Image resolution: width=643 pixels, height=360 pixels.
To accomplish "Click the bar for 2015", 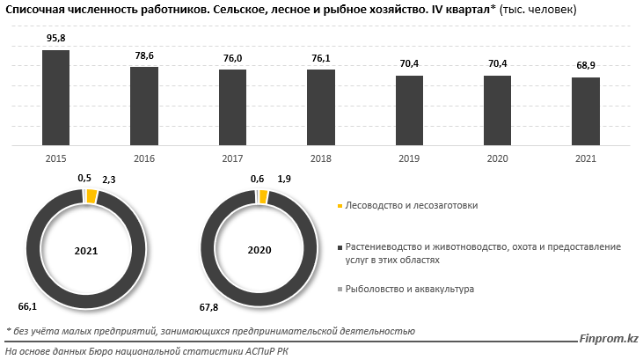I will click(x=55, y=99).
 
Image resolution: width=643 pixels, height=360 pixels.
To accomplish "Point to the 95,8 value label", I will click(x=55, y=40).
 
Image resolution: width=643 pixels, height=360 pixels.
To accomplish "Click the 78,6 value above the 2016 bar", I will click(x=143, y=55).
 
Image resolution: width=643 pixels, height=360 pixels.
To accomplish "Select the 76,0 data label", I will click(x=232, y=58).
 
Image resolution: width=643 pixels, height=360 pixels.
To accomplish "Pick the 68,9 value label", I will click(x=585, y=66).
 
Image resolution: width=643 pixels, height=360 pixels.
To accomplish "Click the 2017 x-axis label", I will click(x=232, y=158).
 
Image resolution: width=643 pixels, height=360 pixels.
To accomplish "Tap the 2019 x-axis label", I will click(x=409, y=158).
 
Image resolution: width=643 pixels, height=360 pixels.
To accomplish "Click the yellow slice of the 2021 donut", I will click(x=92, y=196).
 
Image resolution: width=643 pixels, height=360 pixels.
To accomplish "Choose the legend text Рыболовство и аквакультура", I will click(x=409, y=289).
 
